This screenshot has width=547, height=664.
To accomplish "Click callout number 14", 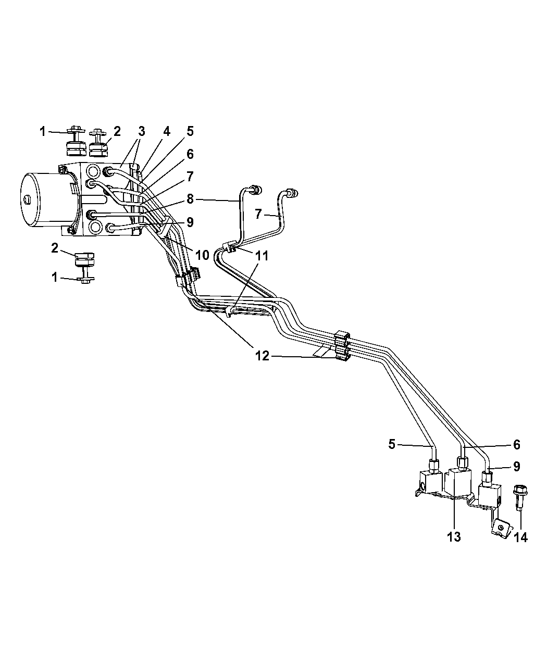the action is (x=520, y=537).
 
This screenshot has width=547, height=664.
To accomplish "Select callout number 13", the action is (x=454, y=537).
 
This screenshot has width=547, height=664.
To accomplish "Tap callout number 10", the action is (x=202, y=255).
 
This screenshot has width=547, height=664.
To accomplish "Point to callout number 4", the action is (x=167, y=131).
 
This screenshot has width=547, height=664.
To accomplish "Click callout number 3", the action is (x=142, y=131).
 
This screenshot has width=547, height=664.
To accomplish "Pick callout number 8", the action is (x=190, y=199).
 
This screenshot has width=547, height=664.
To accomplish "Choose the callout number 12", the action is (x=262, y=356).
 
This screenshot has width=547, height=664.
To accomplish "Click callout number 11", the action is (x=262, y=256).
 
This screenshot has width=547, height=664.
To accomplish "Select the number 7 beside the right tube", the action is (x=258, y=214).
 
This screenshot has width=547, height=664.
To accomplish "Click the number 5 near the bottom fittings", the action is (x=392, y=444).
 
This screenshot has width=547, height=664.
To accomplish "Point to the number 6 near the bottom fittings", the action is (x=517, y=445).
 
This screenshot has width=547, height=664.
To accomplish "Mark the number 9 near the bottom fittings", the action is (x=517, y=467).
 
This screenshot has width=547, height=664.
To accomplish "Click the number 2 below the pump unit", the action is (x=55, y=248).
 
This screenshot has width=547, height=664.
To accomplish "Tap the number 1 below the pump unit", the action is (x=54, y=277).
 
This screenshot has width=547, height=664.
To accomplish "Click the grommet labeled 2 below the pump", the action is (x=84, y=259).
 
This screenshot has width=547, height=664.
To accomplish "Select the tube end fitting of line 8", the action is (x=256, y=190).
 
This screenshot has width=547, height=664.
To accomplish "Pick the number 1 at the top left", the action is (x=43, y=132).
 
